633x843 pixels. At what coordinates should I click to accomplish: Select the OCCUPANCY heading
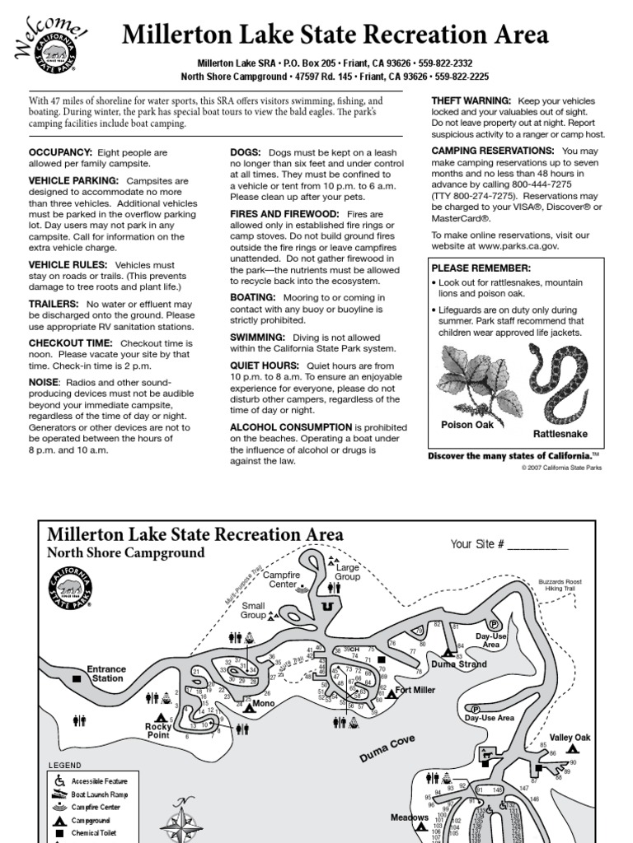(x=61, y=153)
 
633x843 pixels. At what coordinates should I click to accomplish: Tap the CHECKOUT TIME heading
(x=72, y=342)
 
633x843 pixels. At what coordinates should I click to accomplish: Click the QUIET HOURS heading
(x=265, y=366)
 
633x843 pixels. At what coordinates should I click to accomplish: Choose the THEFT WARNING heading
(x=471, y=100)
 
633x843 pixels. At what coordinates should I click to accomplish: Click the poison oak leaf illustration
(x=468, y=379)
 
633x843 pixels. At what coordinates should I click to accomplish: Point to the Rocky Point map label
(x=158, y=730)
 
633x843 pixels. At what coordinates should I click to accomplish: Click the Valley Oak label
(x=570, y=738)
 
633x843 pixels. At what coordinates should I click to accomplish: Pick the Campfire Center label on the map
(x=282, y=580)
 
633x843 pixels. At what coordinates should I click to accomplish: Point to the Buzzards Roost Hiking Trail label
(x=560, y=585)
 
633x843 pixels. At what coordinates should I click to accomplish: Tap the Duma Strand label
(x=459, y=664)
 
